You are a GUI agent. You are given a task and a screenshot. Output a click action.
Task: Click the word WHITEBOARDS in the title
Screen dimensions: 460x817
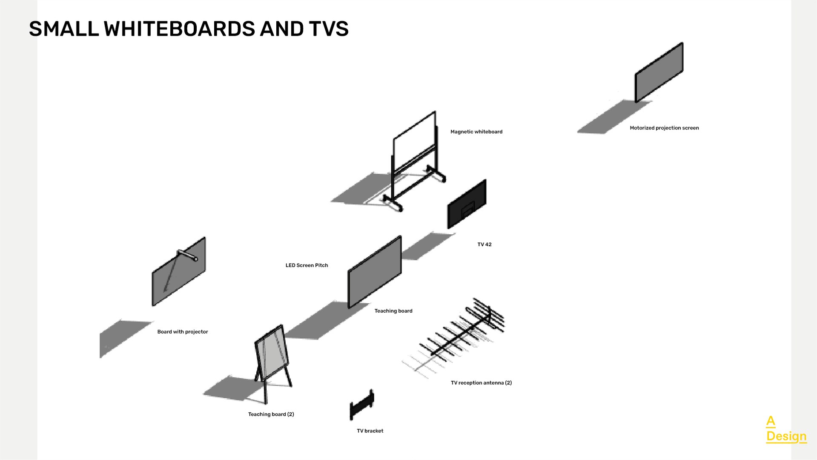click(x=179, y=29)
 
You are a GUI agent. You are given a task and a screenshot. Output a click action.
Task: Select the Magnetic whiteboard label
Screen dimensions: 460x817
click(x=476, y=132)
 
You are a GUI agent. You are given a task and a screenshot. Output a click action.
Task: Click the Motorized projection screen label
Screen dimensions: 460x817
click(x=664, y=128)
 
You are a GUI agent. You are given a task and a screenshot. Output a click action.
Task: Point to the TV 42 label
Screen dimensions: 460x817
click(x=484, y=244)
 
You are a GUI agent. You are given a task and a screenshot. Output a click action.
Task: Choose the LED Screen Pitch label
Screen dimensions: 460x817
click(x=307, y=265)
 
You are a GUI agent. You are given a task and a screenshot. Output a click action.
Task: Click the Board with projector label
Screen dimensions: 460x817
click(x=182, y=332)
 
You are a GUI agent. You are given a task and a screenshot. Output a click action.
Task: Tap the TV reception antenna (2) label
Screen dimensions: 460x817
click(x=481, y=383)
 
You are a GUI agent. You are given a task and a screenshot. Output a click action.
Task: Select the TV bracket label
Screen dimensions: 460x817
click(x=370, y=431)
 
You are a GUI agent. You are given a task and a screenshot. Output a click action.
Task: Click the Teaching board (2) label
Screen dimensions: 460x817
click(x=271, y=414)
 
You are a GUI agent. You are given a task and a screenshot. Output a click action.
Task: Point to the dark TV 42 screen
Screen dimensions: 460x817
click(x=467, y=204)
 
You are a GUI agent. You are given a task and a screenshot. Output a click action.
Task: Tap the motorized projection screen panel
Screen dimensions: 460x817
click(x=659, y=72)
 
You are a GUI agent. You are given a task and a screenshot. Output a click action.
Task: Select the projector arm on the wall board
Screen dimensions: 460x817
click(x=187, y=255)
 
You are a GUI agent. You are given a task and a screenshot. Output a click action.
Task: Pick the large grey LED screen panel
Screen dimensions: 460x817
click(x=375, y=272)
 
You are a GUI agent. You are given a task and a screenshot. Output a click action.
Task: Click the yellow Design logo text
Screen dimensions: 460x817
click(x=786, y=436)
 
